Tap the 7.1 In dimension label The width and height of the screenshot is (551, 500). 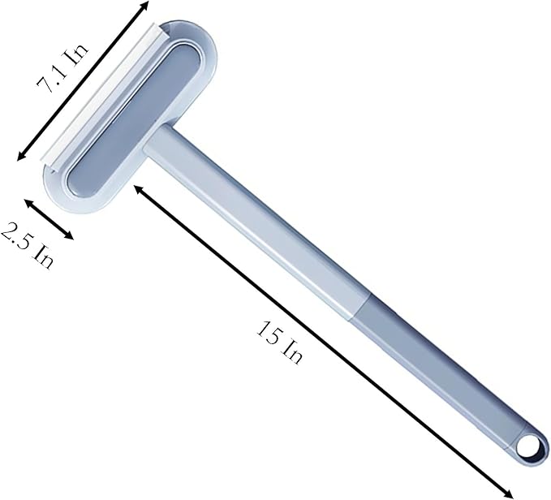coord(63,70)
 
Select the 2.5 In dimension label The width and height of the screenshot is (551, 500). coord(28,245)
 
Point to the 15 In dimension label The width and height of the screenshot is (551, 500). coord(279,342)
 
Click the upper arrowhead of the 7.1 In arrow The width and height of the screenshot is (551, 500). coord(145,4)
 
